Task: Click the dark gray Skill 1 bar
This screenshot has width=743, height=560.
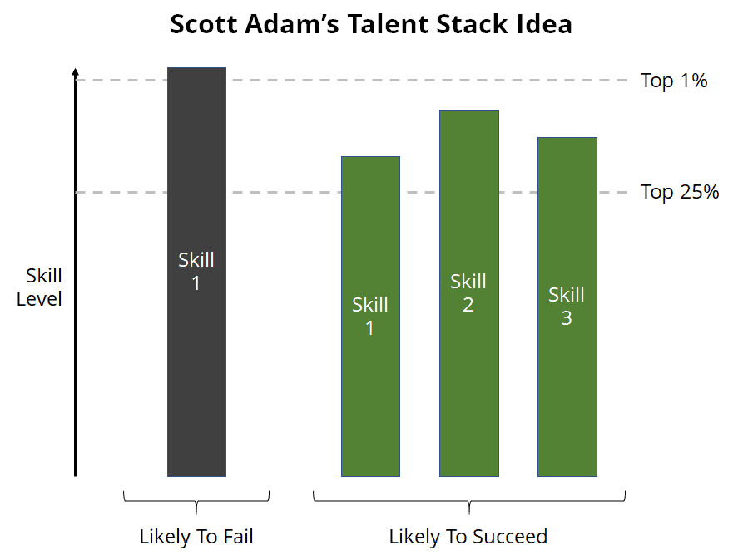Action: pos(196,272)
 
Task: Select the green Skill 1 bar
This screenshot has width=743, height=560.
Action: pos(370,317)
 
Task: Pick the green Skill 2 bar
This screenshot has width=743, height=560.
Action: pos(469,293)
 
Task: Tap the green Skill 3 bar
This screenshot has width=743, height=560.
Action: pos(567,307)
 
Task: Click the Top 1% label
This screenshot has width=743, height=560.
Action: pos(674,81)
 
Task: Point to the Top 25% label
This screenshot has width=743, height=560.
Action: pos(680,192)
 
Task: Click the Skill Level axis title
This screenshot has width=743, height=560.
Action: pos(39,287)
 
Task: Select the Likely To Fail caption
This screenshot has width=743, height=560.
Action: pos(196,537)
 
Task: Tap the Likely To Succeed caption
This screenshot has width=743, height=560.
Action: pos(468,537)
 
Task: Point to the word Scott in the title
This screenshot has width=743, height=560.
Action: pos(204,24)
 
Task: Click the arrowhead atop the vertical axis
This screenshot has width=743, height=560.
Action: pos(75,72)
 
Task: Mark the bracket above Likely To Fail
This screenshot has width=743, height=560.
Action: pos(196,501)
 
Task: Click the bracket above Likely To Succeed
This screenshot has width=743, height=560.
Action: pos(469,501)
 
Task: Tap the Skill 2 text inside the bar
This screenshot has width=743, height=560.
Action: pos(468,293)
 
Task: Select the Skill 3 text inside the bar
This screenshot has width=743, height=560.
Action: pos(567,307)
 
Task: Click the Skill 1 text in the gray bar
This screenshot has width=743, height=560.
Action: pos(196,271)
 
